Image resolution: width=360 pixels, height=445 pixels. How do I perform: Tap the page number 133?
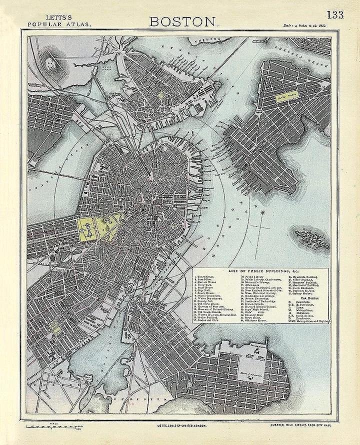coord(335,14)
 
